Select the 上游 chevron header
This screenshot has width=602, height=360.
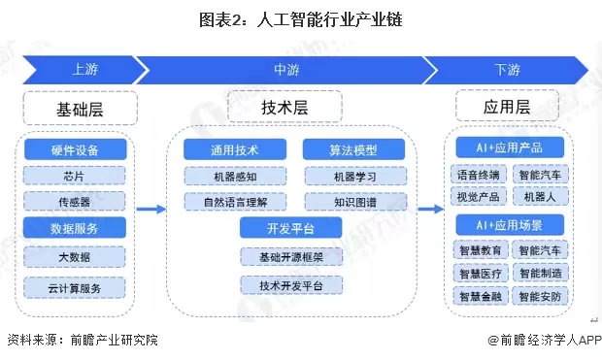pos(83,70)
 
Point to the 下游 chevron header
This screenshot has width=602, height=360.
pos(506,70)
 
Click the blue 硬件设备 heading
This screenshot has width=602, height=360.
pos(75,150)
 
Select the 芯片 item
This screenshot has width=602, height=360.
pos(75,176)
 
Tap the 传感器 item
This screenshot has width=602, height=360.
pos(75,202)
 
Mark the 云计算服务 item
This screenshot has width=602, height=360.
pos(75,287)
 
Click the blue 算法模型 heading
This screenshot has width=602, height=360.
pos(352,150)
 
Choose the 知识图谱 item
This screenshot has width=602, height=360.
pos(354,202)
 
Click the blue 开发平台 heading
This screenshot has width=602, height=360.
pos(290,228)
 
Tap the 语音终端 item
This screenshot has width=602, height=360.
pos(478,176)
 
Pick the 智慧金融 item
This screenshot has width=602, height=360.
pos(478,295)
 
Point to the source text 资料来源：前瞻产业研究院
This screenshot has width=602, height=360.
pos(82,341)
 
